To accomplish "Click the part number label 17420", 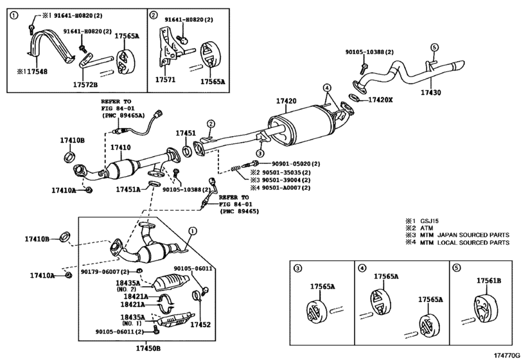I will [x=286, y=102].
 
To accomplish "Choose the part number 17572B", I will [x=85, y=83].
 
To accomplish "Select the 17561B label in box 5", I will [x=489, y=281].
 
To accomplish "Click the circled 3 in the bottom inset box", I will [x=297, y=267].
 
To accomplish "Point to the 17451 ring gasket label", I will [x=186, y=133].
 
